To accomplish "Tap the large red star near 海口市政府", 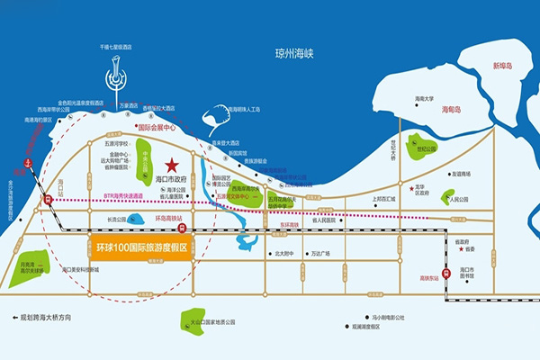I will tap(171, 165).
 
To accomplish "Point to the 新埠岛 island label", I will tap(507, 67).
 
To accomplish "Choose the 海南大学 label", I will tap(424, 99).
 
